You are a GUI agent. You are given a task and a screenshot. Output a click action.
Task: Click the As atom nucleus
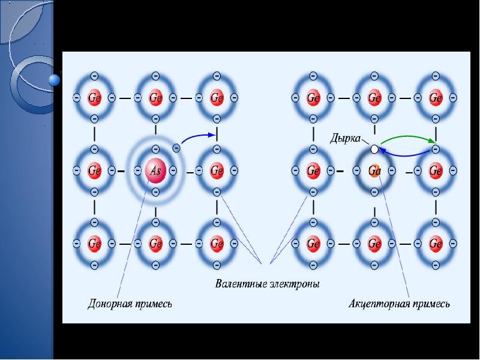click(155, 171)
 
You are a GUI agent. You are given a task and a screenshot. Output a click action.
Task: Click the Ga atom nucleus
click(374, 171)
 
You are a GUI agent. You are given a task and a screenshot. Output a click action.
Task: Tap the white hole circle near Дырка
click(374, 148)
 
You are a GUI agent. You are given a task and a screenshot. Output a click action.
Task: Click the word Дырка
click(345, 138)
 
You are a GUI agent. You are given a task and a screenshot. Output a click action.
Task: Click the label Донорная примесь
click(130, 304)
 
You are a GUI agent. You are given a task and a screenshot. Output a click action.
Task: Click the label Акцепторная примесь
click(399, 304)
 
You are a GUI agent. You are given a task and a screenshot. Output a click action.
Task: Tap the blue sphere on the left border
click(54, 79)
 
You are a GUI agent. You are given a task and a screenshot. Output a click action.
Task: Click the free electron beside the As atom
click(176, 147)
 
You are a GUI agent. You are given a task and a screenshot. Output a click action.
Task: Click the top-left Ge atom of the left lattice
click(95, 97)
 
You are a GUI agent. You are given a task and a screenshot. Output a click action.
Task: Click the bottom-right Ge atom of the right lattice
click(436, 244)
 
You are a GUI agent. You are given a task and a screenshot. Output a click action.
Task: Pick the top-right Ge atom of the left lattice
click(217, 97)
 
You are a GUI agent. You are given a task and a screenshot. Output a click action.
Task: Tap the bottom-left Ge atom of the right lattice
click(313, 244)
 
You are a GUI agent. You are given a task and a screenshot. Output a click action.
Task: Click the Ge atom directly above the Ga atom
click(374, 97)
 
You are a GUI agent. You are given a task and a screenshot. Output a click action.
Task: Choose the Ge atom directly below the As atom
click(155, 244)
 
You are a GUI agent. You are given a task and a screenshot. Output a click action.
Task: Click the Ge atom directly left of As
click(95, 171)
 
